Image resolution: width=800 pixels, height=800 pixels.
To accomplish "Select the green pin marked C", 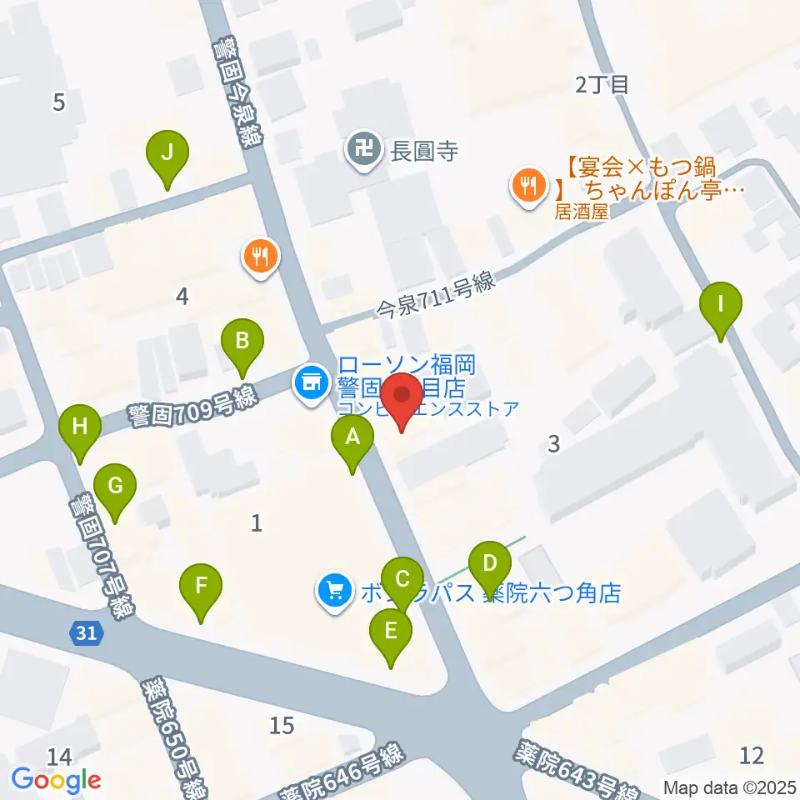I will [402, 579].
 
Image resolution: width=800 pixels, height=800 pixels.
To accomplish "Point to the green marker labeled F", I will [202, 586].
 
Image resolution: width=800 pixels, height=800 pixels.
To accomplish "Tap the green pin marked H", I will [80, 428].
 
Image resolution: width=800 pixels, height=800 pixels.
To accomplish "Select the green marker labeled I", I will [722, 304].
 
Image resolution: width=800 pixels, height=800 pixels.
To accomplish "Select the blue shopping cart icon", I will [335, 592].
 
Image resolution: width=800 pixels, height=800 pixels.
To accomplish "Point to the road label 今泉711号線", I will [436, 296].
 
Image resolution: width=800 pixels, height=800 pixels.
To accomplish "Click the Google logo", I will [56, 781].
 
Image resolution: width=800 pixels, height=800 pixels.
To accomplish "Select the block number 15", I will [282, 726].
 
